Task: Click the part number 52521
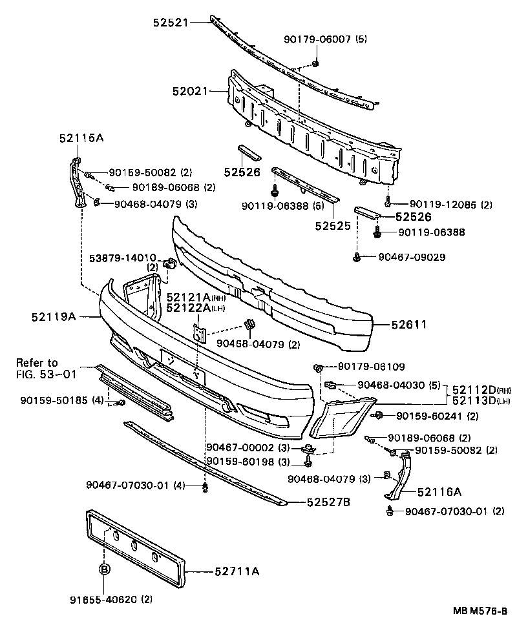[170, 23]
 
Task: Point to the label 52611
[408, 325]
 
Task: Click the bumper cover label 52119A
[53, 316]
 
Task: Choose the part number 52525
[333, 226]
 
